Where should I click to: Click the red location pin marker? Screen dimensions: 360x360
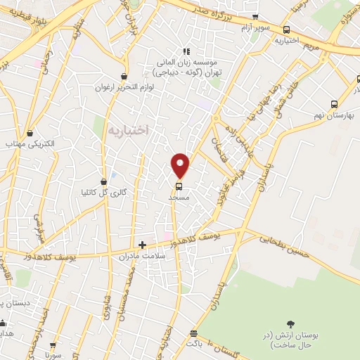coord(181,165)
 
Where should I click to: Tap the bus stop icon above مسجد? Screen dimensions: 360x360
coord(179,186)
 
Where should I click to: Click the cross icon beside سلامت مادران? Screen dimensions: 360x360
coord(143,245)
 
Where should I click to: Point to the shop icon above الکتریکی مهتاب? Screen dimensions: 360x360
coord(30,133)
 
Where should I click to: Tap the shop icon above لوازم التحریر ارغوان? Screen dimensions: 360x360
coord(124,77)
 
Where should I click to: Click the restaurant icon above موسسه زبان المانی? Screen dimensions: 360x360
coord(186,51)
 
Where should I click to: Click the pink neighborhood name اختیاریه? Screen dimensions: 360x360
coord(129,131)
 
